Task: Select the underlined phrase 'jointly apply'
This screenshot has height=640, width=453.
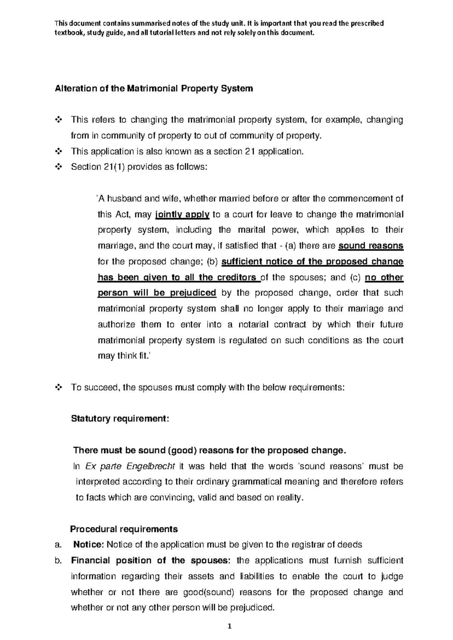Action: pyautogui.click(x=182, y=215)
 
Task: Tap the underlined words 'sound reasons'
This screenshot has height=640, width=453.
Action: pyautogui.click(x=371, y=246)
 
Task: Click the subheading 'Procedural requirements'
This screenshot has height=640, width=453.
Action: pyautogui.click(x=124, y=529)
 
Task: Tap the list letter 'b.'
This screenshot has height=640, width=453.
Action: pyautogui.click(x=58, y=560)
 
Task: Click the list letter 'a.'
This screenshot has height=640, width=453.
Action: pyautogui.click(x=58, y=544)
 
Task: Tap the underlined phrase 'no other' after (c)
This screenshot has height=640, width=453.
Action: pyautogui.click(x=384, y=278)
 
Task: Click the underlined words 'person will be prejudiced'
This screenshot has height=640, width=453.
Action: pyautogui.click(x=157, y=293)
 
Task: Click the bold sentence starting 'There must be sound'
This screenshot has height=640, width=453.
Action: pyautogui.click(x=209, y=450)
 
